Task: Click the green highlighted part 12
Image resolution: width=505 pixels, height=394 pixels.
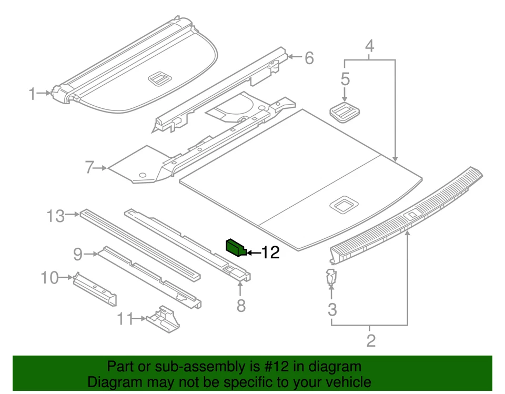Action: click(x=236, y=247)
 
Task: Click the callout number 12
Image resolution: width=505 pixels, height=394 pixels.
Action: click(x=270, y=253)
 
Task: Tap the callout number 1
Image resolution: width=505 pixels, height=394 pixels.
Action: click(x=33, y=94)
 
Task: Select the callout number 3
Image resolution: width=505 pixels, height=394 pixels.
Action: click(x=332, y=309)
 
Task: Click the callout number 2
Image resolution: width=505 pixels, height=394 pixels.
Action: click(x=371, y=341)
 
